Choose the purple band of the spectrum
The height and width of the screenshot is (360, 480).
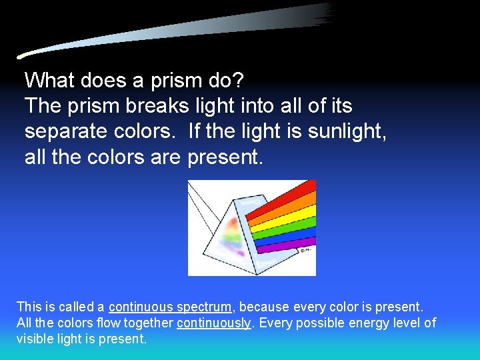(x=283, y=245)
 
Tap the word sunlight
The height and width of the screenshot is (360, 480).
(x=347, y=131)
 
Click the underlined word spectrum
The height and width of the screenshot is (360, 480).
(x=204, y=307)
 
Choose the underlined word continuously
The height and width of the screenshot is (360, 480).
(x=213, y=323)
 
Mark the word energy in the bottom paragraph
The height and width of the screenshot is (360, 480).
(x=366, y=323)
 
